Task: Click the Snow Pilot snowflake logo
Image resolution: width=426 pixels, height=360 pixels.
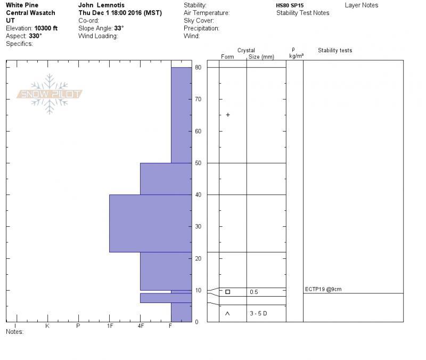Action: point(49,94)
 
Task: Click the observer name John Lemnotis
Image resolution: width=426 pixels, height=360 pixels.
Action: point(101,5)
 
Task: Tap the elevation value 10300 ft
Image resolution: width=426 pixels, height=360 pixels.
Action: point(46,28)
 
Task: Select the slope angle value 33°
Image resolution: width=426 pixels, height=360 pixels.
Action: point(119,28)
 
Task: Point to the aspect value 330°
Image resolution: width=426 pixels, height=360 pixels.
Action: point(35,36)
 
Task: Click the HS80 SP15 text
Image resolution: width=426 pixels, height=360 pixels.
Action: point(290,5)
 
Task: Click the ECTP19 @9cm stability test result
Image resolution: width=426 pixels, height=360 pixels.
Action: point(323,289)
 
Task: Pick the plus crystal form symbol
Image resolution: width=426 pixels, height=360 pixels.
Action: point(228,115)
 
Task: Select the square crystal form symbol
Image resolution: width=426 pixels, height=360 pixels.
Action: point(228,292)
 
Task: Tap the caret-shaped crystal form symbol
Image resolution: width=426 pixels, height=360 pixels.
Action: point(227,314)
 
